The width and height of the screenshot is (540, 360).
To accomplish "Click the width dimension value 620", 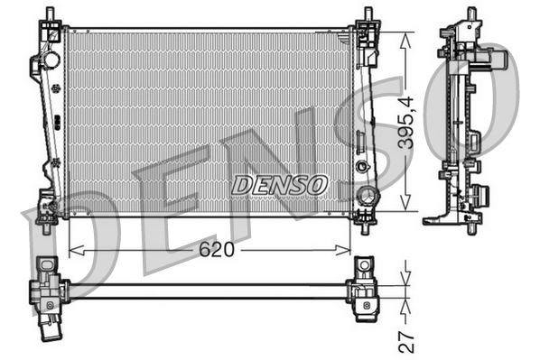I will [216, 250].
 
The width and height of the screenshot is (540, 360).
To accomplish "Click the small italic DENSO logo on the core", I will [279, 185].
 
